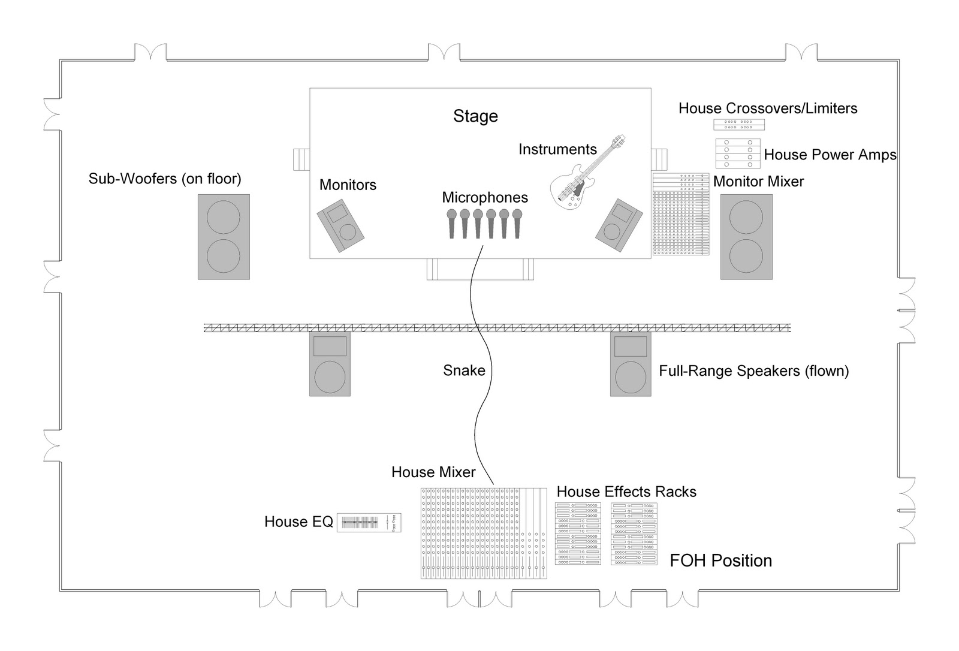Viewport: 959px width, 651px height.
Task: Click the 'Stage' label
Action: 475,116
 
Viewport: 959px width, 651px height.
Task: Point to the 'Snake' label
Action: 464,370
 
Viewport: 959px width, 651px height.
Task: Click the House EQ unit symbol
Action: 369,523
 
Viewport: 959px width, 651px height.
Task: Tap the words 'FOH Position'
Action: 720,560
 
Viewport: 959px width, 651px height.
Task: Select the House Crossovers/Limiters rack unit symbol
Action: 738,125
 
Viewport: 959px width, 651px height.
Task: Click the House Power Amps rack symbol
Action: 738,153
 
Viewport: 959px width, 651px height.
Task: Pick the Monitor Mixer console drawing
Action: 680,215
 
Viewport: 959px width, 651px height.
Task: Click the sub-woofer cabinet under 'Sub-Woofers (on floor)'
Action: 224,237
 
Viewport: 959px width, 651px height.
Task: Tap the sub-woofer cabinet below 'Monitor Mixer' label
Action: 746,237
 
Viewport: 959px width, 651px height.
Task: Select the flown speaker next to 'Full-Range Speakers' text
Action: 631,364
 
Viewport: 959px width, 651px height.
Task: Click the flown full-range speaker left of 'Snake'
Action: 330,364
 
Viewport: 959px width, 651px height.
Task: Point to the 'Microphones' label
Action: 485,197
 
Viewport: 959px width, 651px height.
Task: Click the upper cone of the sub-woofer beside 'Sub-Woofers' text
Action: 224,217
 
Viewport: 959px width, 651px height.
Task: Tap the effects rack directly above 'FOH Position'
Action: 634,534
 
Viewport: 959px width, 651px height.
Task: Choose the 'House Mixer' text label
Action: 433,472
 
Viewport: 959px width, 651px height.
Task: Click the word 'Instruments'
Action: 557,149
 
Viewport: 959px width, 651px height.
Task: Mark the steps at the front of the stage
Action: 479,269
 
